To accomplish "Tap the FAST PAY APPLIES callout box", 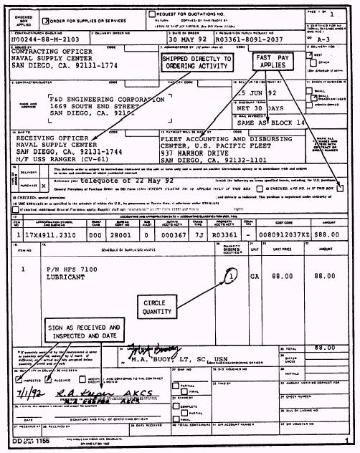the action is click(x=270, y=63).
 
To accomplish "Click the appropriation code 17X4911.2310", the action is click(x=53, y=233).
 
